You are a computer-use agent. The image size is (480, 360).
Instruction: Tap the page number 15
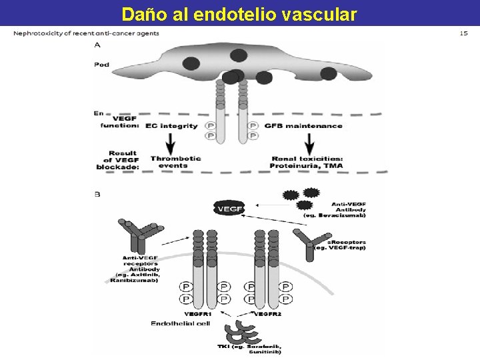click(464, 33)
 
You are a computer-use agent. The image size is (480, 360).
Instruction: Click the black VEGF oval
click(228, 209)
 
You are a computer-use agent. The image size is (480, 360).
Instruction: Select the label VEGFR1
click(198, 313)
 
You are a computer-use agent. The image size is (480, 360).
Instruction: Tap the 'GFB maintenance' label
click(303, 126)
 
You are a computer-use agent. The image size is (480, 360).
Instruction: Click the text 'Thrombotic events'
click(175, 162)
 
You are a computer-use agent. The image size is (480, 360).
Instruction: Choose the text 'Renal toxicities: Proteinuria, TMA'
click(306, 162)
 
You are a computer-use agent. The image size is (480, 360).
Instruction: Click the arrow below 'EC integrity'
click(170, 143)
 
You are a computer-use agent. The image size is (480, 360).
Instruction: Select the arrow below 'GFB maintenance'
click(309, 143)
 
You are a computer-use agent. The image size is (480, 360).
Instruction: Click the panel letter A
click(99, 45)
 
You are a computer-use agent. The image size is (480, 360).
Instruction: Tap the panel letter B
click(98, 195)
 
